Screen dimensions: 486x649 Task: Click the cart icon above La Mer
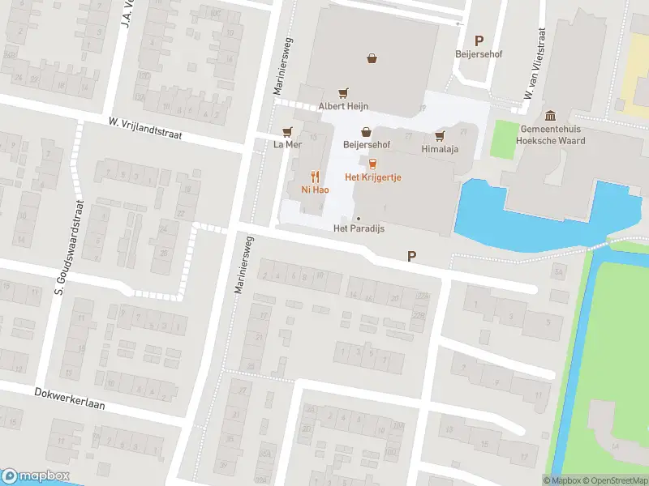286,131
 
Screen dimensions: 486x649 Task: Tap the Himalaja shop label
441,150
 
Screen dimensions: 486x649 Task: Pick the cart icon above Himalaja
441,136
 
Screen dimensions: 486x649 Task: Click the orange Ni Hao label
315,190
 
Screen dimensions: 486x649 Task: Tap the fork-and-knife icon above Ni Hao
315,176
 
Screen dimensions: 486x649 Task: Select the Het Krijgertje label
373,177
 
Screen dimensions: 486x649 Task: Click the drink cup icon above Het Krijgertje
373,163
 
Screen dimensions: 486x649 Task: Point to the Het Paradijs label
359,229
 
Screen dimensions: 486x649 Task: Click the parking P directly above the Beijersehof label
479,41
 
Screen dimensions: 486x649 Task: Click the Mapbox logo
36,476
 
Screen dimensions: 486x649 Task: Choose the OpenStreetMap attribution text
613,480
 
